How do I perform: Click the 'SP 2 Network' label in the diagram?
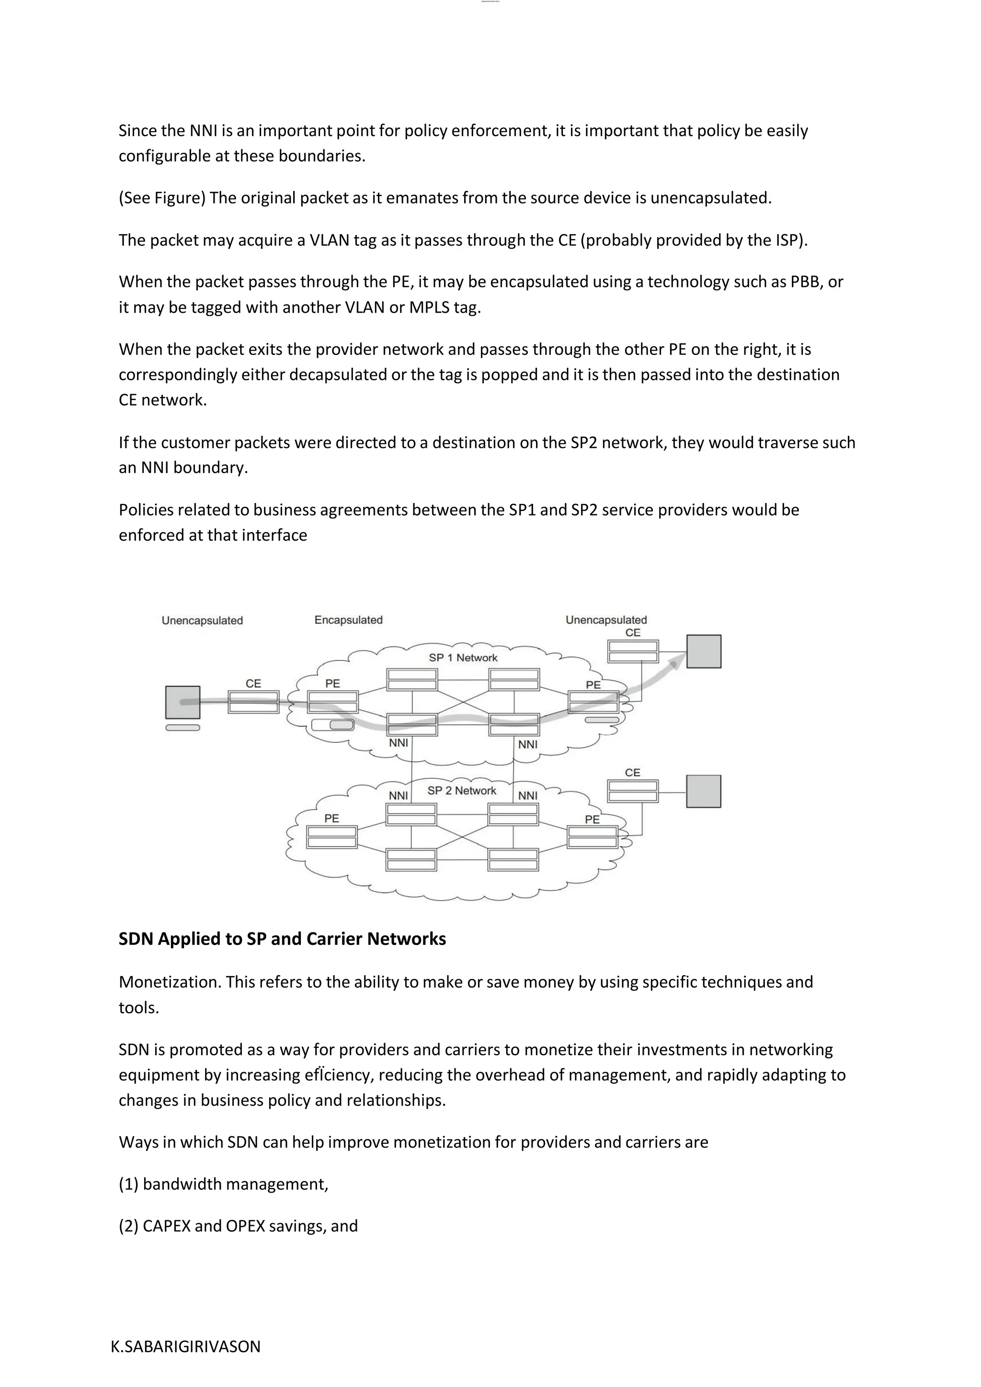pos(461,790)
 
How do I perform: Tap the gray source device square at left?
pos(183,702)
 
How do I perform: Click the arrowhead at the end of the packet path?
pos(678,663)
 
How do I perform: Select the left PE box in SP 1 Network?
pos(333,702)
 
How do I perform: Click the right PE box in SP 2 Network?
pos(593,837)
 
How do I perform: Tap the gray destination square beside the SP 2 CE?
pos(704,791)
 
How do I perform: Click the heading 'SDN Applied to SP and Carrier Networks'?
pos(282,938)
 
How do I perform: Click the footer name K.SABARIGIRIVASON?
pos(185,1346)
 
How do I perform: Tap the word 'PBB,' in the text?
pos(807,282)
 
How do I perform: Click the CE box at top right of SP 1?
pos(632,651)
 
